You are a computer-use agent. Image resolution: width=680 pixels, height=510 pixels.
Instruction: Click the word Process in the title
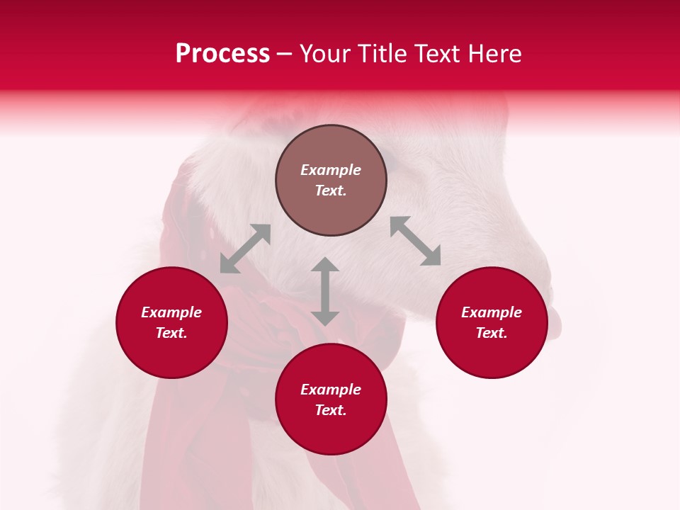click(222, 54)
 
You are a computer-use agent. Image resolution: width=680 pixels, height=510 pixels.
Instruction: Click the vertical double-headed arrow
click(325, 291)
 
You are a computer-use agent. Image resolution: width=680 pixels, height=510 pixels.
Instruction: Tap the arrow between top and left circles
click(245, 249)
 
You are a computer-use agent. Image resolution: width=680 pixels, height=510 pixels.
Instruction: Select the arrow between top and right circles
click(415, 241)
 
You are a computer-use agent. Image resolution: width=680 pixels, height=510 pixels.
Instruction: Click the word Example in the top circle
click(331, 170)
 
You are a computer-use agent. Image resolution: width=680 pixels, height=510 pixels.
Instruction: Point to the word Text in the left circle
click(171, 333)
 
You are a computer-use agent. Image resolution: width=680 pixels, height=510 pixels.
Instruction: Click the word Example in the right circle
click(492, 312)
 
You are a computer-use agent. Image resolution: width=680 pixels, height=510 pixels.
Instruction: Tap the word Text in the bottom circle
click(331, 410)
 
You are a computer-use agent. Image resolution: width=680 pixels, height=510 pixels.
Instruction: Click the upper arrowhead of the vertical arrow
click(325, 266)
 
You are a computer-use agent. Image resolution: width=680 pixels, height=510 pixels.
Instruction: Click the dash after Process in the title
click(285, 54)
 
